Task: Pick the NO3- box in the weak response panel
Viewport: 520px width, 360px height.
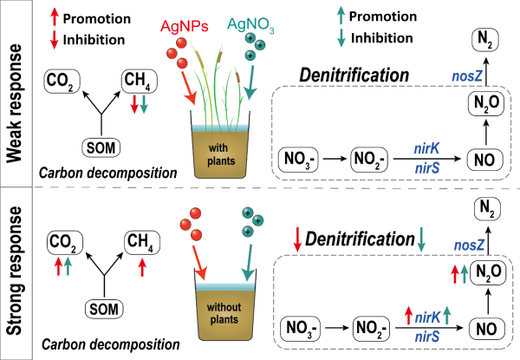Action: click(x=301, y=160)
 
